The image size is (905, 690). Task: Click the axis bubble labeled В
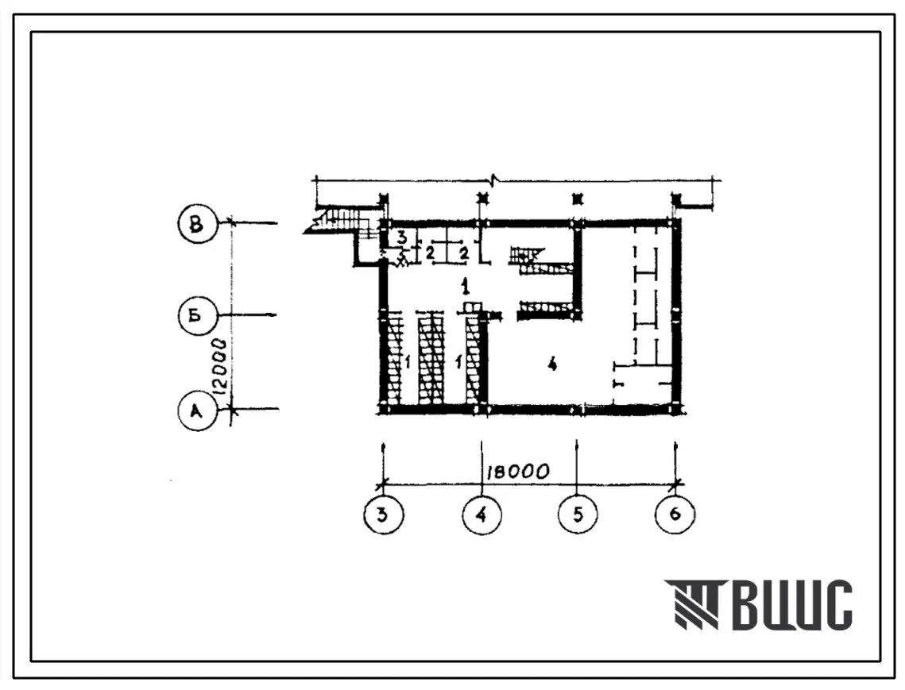(197, 223)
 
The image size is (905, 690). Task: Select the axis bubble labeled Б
(197, 316)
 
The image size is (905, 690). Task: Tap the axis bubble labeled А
(197, 411)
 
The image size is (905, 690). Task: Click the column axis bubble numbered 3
(384, 514)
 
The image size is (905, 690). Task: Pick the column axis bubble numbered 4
(482, 514)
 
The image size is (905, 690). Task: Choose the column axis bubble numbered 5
(578, 514)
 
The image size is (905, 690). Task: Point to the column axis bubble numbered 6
(675, 514)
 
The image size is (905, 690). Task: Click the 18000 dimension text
(517, 472)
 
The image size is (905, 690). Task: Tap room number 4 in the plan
(552, 364)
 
